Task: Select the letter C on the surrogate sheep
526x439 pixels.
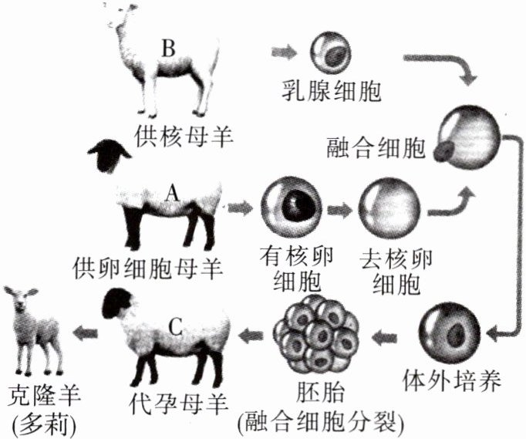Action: pos(175,326)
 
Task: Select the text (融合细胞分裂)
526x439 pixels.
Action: pos(318,423)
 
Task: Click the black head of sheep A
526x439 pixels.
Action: pos(108,157)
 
